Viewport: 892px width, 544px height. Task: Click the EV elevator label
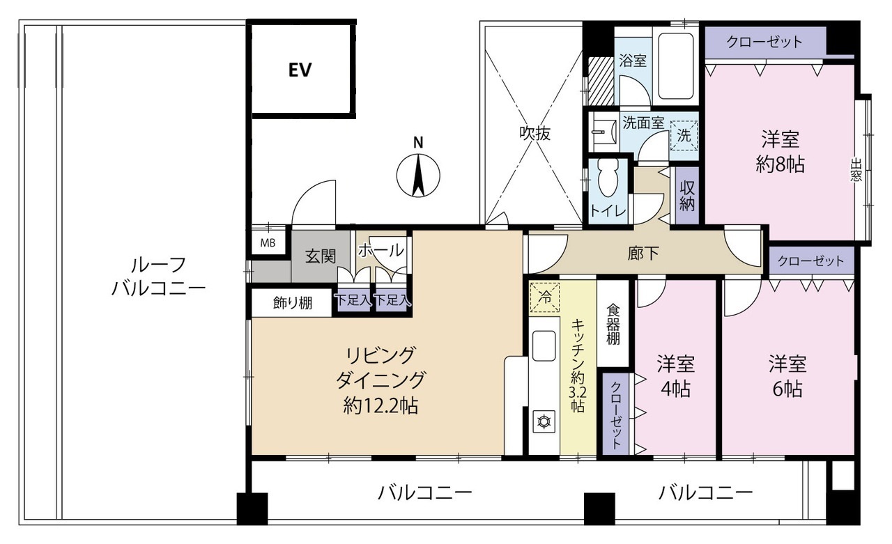tap(300, 70)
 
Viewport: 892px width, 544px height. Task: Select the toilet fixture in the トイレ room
tap(608, 178)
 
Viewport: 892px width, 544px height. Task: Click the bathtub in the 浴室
tap(676, 66)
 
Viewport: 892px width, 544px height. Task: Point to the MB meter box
tap(268, 242)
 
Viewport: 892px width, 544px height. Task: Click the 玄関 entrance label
tap(321, 257)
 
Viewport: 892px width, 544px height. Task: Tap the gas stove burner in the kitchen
tap(544, 421)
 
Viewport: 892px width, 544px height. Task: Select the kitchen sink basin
tap(544, 345)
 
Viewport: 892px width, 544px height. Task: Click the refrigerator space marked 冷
tap(545, 297)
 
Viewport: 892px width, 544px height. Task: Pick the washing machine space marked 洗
tap(684, 136)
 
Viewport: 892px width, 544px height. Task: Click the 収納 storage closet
tap(687, 196)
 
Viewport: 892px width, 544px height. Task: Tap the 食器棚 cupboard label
tap(613, 325)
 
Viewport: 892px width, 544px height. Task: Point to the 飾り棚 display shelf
tap(293, 303)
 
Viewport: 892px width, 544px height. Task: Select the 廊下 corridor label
tap(643, 254)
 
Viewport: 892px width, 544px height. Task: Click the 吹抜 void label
tap(535, 134)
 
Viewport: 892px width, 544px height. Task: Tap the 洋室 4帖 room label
tap(676, 376)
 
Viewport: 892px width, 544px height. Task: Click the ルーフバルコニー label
tap(158, 276)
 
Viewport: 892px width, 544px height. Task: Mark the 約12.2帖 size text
tap(380, 406)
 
